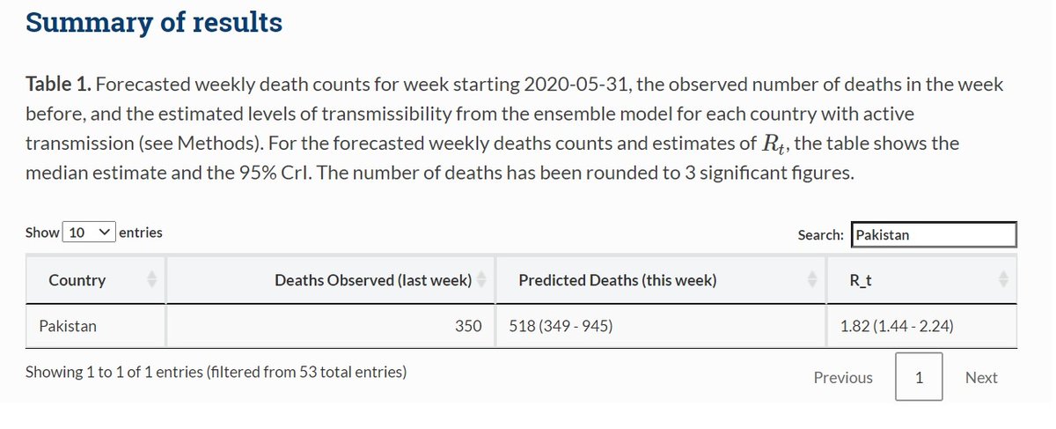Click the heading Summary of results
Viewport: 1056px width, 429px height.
point(154,22)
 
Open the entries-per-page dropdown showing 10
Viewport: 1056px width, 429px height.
point(88,233)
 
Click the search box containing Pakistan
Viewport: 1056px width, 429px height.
point(934,235)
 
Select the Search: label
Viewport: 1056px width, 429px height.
point(820,235)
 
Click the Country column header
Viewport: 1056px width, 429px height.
point(77,280)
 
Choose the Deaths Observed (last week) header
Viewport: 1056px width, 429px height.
point(372,280)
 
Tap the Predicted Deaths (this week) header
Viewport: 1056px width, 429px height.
point(617,280)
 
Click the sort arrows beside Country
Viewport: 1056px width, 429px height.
point(150,280)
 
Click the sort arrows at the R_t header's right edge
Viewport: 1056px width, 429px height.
point(1003,280)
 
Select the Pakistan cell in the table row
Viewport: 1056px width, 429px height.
point(68,326)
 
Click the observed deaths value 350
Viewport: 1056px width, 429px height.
point(467,326)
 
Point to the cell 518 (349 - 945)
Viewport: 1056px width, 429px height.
point(561,326)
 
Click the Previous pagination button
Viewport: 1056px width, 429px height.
point(843,377)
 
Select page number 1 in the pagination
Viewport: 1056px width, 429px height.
point(919,377)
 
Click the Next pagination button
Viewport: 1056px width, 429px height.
point(980,377)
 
